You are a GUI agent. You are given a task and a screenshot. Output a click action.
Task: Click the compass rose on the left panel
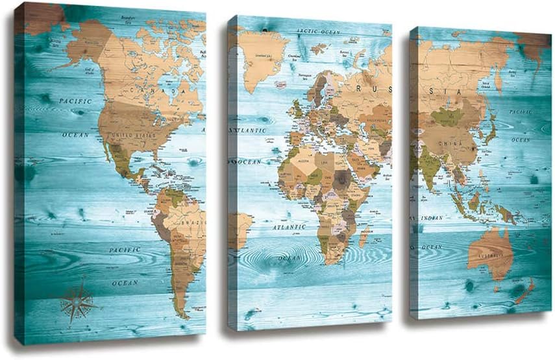pyautogui.click(x=77, y=300)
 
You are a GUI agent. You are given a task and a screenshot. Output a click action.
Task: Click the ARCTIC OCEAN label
pyautogui.click(x=318, y=31)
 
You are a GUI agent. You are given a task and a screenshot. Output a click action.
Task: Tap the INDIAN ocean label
pyautogui.click(x=431, y=218)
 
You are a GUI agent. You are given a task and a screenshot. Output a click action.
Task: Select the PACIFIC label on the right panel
pyautogui.click(x=520, y=112)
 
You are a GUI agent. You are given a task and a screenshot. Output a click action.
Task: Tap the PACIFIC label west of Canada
pyautogui.click(x=75, y=101)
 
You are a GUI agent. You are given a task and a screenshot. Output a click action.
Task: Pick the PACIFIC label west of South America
pyautogui.click(x=125, y=250)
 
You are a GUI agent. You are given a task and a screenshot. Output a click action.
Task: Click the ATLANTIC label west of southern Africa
pyautogui.click(x=288, y=228)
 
